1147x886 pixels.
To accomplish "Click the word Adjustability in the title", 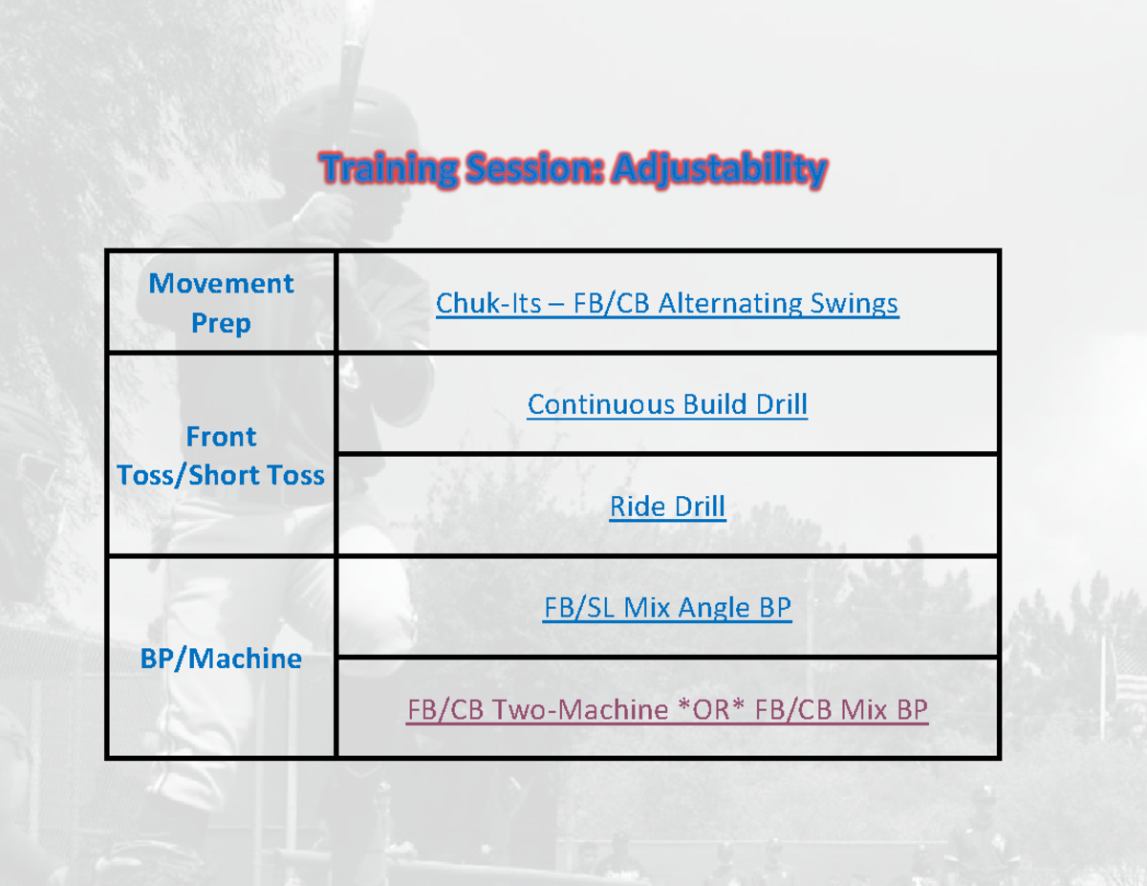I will [x=719, y=170].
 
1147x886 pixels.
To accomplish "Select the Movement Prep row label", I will [x=221, y=303].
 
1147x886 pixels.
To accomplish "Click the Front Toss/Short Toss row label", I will [x=221, y=456].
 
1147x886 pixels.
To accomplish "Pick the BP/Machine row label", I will [x=221, y=659].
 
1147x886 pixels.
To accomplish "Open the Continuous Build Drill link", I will [x=667, y=404].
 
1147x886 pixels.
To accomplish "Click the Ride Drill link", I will [x=667, y=507].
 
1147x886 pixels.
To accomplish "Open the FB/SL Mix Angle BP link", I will [x=667, y=608].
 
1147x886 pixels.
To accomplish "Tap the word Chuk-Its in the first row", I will [x=488, y=304].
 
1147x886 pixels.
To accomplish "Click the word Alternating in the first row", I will [x=734, y=304].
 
